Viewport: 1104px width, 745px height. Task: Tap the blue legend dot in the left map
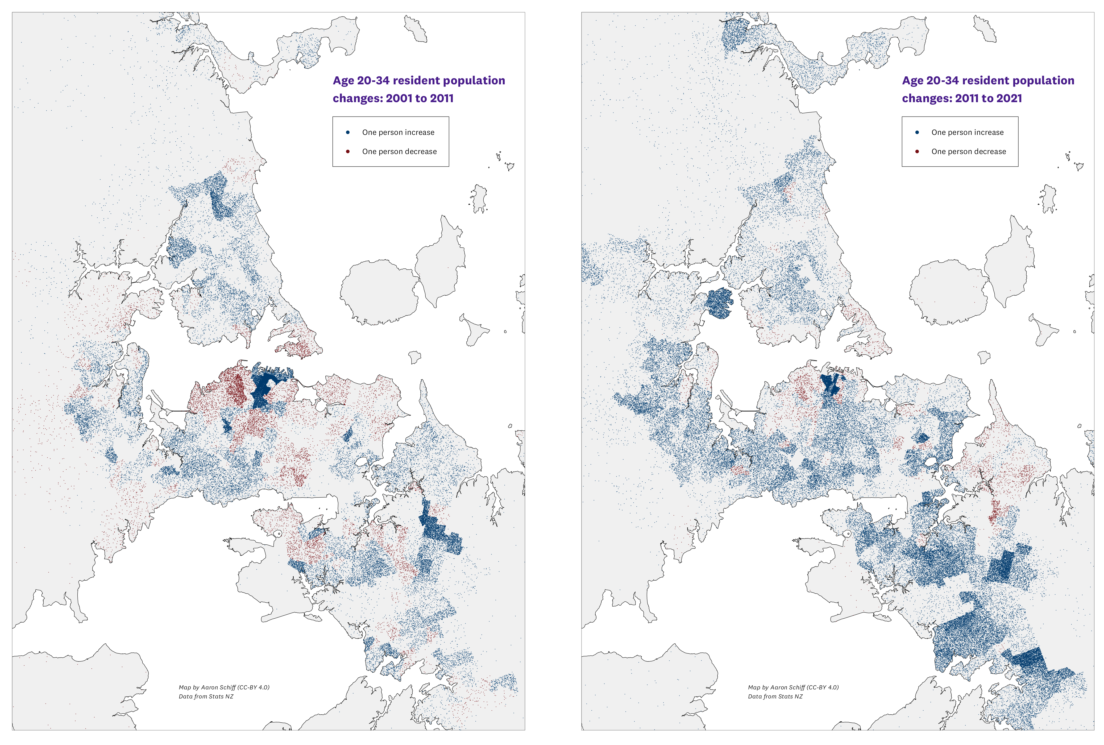tap(348, 132)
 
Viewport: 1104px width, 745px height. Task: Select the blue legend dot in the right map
tap(917, 132)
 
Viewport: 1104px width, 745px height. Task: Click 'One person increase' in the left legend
tap(398, 132)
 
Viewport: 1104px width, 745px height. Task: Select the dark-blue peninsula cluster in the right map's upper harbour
tap(719, 303)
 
